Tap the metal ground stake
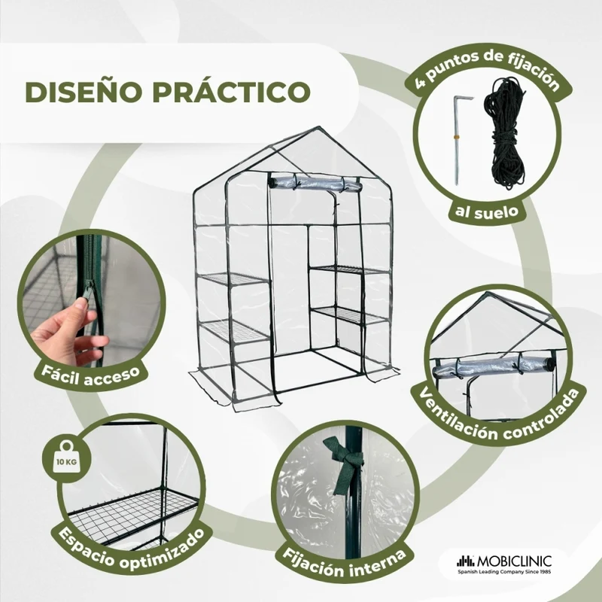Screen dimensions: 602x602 [x=459, y=139]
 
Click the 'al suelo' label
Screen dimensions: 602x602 [x=487, y=211]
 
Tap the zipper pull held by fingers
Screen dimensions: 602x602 [x=87, y=290]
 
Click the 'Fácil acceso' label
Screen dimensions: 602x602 [x=90, y=375]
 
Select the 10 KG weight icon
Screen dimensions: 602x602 [x=67, y=460]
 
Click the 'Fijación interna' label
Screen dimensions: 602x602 [x=344, y=564]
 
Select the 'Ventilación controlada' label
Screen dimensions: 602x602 [x=499, y=419]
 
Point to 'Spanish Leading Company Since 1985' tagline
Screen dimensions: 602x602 [x=504, y=572]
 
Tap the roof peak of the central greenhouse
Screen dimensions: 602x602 [x=318, y=127]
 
